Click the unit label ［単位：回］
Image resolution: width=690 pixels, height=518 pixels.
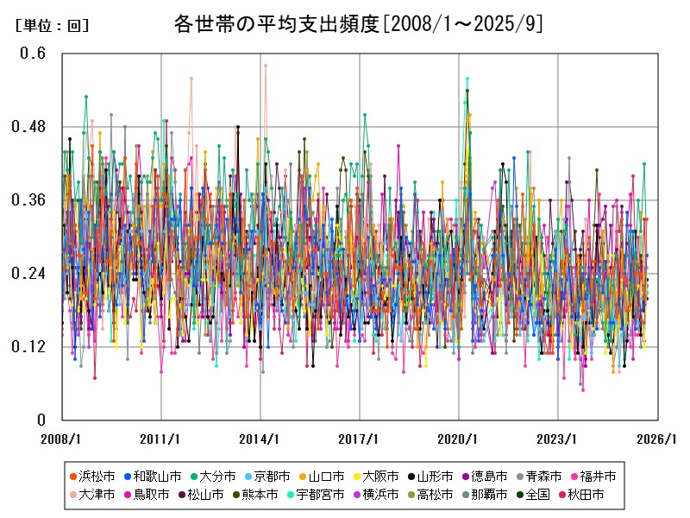click(x=52, y=26)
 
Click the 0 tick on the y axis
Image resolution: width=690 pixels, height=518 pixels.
click(x=41, y=420)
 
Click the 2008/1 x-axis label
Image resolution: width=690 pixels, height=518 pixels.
click(x=62, y=439)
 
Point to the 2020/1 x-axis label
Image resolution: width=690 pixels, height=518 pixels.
click(x=459, y=439)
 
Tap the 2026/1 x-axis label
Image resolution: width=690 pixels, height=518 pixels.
click(x=657, y=439)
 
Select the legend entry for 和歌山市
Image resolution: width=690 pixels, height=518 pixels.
click(x=152, y=477)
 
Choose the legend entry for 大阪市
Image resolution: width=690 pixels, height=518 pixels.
click(x=379, y=477)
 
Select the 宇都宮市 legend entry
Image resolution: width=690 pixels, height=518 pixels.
click(x=319, y=495)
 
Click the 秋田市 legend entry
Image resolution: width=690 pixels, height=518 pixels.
click(x=597, y=495)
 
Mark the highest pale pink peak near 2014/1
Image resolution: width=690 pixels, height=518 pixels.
click(x=266, y=65)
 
